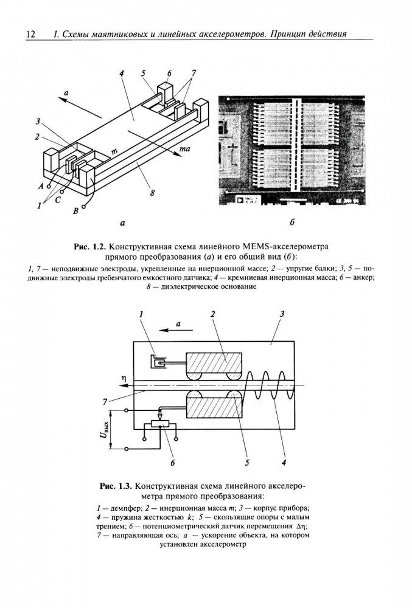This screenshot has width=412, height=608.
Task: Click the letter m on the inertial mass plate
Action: click(114, 150)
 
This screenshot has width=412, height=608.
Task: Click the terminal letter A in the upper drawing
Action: click(40, 186)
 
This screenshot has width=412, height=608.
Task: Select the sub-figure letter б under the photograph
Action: click(292, 223)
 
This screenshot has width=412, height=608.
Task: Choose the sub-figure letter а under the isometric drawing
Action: click(123, 223)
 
